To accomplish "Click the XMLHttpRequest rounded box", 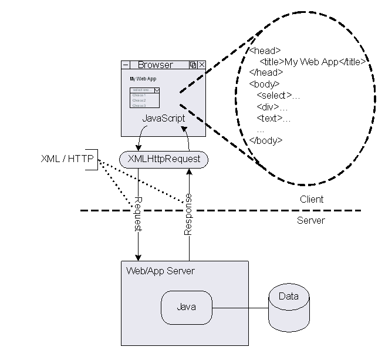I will [164, 159].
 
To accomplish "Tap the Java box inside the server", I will [186, 307].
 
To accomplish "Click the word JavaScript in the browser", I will [164, 118].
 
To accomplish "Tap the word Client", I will [311, 199].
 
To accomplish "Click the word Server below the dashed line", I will [311, 220].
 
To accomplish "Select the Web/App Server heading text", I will [160, 271].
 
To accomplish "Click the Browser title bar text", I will [155, 65].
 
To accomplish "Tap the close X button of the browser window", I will [202, 65].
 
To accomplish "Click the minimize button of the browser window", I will [126, 65].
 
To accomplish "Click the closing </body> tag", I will [266, 140].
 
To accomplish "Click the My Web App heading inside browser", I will [143, 78].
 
